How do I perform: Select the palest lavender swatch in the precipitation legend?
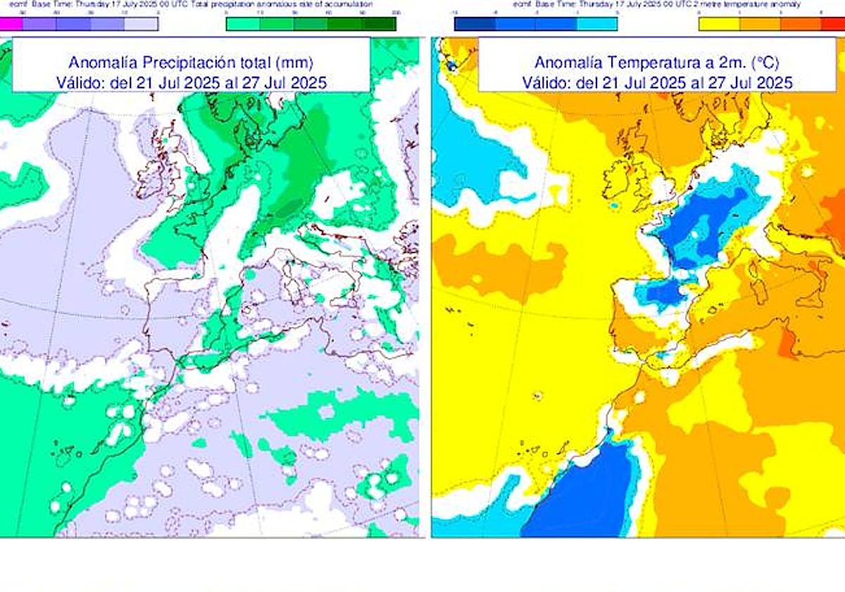click(141, 23)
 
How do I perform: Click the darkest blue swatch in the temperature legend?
click(475, 23)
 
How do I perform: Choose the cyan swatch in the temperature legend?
click(597, 23)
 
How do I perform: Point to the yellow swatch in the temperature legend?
click(719, 23)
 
